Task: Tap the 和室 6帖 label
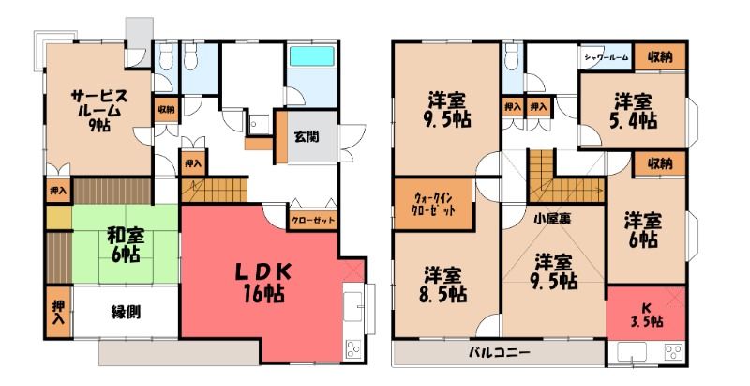coord(126,245)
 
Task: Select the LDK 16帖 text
coord(262,283)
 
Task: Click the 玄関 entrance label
coord(307,137)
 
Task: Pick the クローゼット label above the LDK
coord(313,221)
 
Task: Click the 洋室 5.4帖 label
coord(636,111)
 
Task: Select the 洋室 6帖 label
coord(643,231)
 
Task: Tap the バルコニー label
coord(499,353)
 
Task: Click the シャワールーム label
coord(606,57)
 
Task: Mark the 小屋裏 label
coord(551,219)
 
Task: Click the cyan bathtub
coord(312,56)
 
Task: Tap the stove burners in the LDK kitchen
coord(353,348)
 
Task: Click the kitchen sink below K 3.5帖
coord(631,352)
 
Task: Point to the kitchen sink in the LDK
coord(353,305)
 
